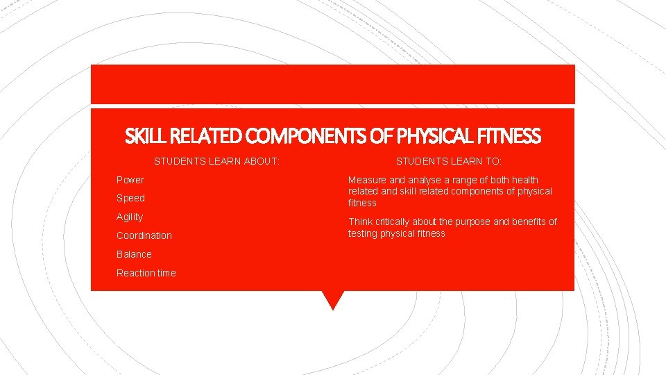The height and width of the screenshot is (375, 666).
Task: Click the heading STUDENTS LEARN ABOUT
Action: tap(216, 161)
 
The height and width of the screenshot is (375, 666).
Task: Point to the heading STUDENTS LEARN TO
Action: tap(448, 161)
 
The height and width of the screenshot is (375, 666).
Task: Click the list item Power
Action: tap(130, 180)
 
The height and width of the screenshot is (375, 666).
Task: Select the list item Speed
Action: tap(130, 198)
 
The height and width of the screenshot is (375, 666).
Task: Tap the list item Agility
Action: tap(130, 217)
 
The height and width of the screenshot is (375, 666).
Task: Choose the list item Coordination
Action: tap(144, 235)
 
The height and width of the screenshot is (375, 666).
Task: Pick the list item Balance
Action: tap(134, 254)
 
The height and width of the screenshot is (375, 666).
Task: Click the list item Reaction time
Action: tap(146, 273)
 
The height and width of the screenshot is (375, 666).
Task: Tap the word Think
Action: tap(361, 222)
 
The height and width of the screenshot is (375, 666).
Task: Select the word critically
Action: tap(395, 222)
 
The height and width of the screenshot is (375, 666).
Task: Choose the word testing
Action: tap(364, 233)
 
